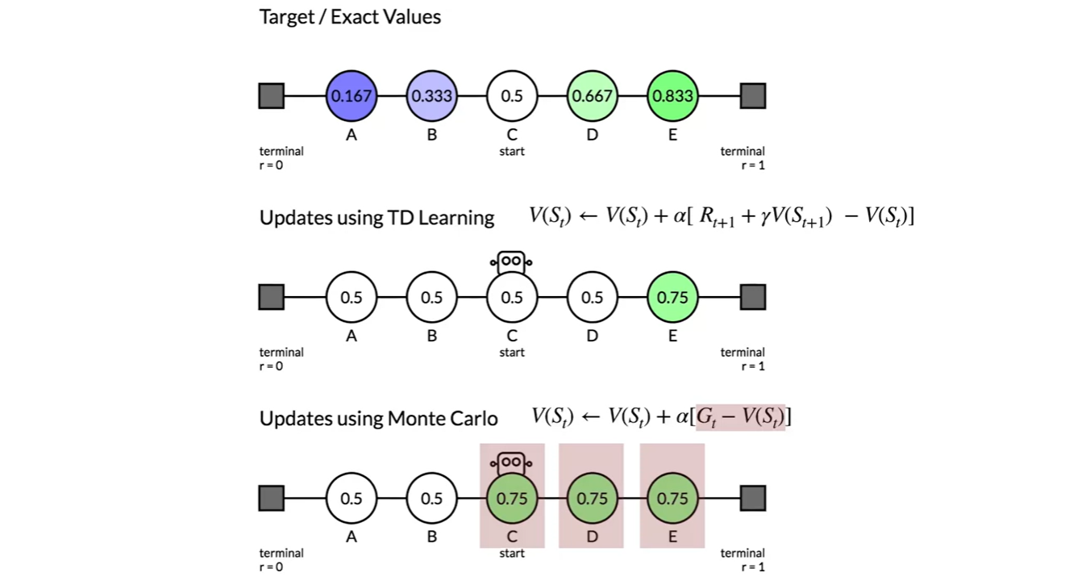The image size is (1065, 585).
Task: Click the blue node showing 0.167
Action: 352,96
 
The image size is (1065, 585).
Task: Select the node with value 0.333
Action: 431,96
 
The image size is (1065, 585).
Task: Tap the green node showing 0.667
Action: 592,96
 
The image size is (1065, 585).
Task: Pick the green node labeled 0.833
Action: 672,96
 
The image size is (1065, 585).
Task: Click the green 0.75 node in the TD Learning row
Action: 672,297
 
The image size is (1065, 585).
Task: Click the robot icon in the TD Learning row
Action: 511,261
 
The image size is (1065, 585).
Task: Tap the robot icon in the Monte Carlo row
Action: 511,462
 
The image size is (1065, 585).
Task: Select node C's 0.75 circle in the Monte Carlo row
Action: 512,498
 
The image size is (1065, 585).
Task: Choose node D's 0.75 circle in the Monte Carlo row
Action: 592,498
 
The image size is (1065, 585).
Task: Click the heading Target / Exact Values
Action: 350,17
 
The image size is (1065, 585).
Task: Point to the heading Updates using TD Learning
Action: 376,218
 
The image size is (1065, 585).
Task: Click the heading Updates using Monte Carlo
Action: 378,419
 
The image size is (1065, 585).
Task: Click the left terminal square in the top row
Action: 272,96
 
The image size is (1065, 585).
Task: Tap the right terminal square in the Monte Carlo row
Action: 752,498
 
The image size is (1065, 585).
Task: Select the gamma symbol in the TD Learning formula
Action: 767,217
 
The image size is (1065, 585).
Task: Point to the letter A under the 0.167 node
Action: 352,135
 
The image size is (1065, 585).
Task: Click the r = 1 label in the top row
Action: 753,165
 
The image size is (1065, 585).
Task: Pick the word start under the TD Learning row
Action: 512,353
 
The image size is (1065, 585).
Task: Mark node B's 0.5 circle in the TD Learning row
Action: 431,297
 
